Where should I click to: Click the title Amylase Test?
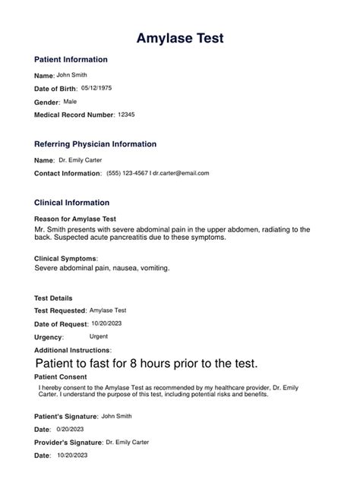coord(179,38)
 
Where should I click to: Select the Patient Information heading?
coord(71,59)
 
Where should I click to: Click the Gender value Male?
coord(70,101)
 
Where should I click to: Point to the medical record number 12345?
coord(127,114)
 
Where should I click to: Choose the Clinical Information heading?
coord(72,203)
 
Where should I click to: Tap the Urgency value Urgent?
coord(98,336)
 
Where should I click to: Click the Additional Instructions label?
coord(72,350)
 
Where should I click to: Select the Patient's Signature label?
coord(66,417)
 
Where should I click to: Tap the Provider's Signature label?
coord(68,443)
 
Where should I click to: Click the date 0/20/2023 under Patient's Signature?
coord(72,429)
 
